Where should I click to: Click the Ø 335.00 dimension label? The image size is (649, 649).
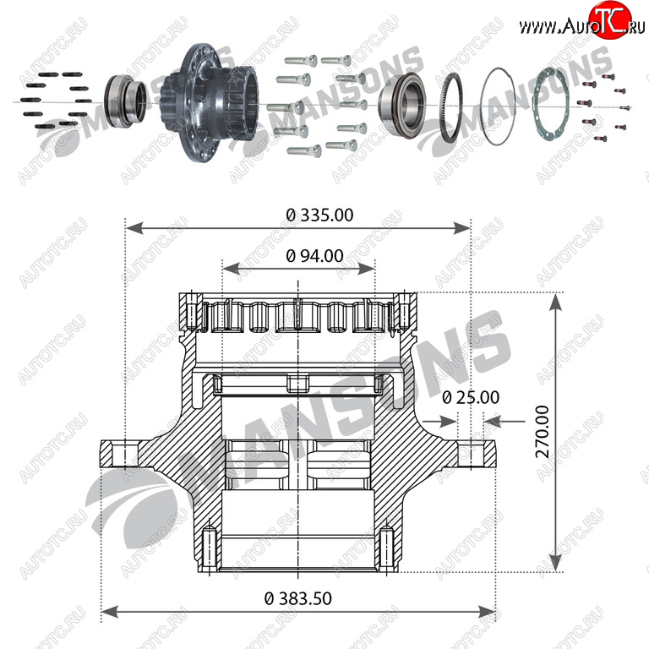click(319, 215)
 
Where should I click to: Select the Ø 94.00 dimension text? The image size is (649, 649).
click(314, 256)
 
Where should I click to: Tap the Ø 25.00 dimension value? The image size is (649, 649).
click(471, 398)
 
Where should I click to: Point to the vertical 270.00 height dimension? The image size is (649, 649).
click(543, 432)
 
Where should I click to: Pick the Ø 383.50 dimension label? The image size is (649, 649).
click(298, 598)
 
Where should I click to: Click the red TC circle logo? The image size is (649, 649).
click(610, 20)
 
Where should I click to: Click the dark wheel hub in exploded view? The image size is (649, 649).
click(209, 101)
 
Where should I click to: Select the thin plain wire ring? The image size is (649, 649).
click(498, 106)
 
